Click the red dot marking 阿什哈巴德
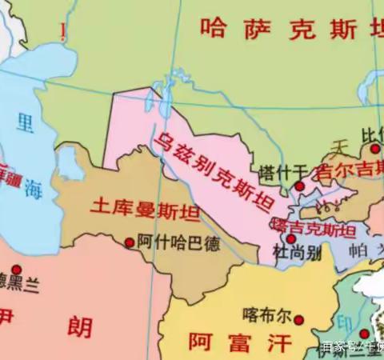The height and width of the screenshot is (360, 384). point(130,242)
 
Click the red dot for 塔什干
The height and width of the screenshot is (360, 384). point(298,186)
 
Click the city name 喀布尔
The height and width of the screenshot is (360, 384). point(268,313)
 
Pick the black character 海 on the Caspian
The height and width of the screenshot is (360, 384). point(31,190)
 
